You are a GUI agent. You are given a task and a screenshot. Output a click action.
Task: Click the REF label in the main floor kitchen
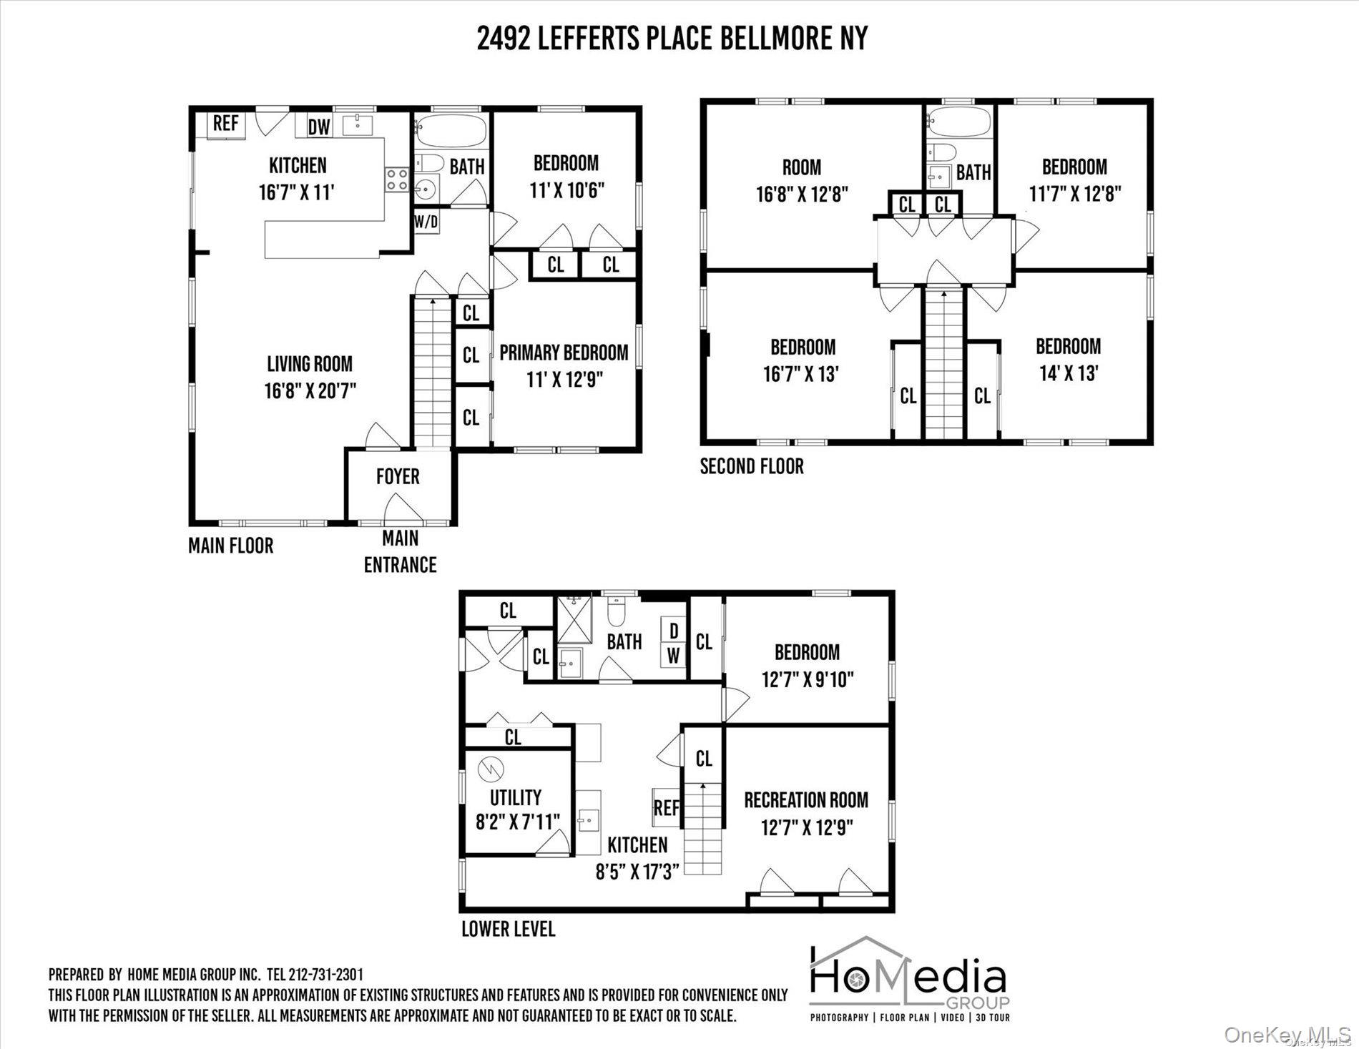tap(225, 123)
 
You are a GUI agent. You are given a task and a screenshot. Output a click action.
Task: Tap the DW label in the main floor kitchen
tap(319, 127)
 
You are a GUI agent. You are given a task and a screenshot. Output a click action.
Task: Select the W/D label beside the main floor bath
tap(426, 222)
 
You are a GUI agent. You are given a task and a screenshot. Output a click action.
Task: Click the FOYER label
tap(398, 476)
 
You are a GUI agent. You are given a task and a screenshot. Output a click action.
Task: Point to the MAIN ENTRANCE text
tap(400, 551)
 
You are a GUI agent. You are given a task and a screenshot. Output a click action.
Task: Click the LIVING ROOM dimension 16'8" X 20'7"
tap(310, 390)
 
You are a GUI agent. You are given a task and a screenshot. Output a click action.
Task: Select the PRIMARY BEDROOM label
tap(564, 353)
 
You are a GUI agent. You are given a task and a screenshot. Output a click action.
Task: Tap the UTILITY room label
tap(515, 797)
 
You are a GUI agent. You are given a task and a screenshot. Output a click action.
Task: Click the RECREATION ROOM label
tap(806, 799)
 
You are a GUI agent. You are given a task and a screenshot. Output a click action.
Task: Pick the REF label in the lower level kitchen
tap(667, 808)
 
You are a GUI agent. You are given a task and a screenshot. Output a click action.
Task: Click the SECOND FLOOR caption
tap(752, 466)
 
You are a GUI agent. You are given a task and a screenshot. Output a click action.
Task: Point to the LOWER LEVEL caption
tap(508, 929)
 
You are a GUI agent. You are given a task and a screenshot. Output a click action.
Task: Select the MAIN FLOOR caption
tap(230, 546)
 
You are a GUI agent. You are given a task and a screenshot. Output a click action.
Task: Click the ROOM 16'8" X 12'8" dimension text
tap(801, 194)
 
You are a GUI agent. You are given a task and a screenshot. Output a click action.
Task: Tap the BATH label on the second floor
tap(973, 172)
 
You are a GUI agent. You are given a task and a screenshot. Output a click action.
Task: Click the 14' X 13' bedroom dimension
tap(1068, 373)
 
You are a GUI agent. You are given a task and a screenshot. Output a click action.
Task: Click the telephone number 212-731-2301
tap(325, 975)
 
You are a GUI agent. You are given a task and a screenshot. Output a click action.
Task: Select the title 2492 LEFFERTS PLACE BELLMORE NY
tap(672, 39)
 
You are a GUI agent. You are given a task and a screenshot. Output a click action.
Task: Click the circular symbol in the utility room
tap(491, 769)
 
